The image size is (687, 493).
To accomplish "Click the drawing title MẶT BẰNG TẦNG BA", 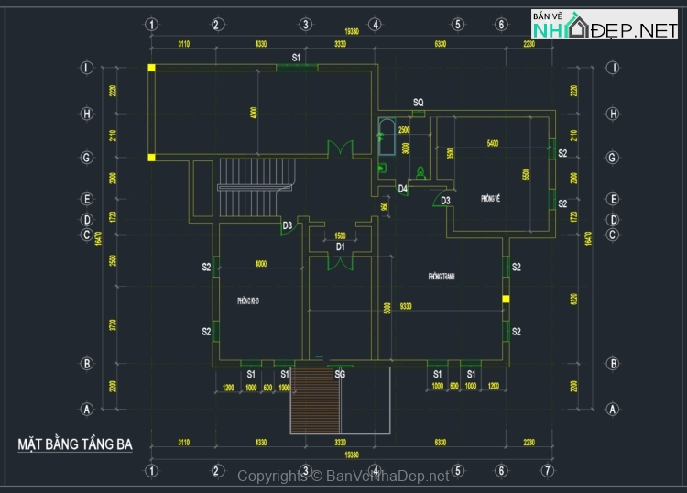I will pos(75,445).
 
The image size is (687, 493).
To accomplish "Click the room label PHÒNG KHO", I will pos(248,301).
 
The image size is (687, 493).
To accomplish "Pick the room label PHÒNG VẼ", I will pos(490,198).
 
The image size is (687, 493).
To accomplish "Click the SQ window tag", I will pos(418,103).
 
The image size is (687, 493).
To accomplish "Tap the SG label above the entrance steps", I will pos(340,375).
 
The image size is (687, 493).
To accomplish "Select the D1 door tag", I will pos(340,246).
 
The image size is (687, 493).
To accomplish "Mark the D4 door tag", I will pos(402,189).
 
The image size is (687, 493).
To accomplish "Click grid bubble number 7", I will pos(547,471).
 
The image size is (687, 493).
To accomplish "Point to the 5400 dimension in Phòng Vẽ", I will pos(492,144).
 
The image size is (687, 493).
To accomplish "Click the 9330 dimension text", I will pos(404,307).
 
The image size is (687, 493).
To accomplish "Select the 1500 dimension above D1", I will pos(340,236).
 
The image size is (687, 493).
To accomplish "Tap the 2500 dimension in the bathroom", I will pos(404,131).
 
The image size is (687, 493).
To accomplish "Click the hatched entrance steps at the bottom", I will pos(315,400).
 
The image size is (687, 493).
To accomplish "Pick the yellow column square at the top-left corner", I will pos(152,67).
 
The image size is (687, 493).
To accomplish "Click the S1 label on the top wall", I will pos(296,58).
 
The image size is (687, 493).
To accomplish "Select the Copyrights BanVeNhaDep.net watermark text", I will pos(343,476).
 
